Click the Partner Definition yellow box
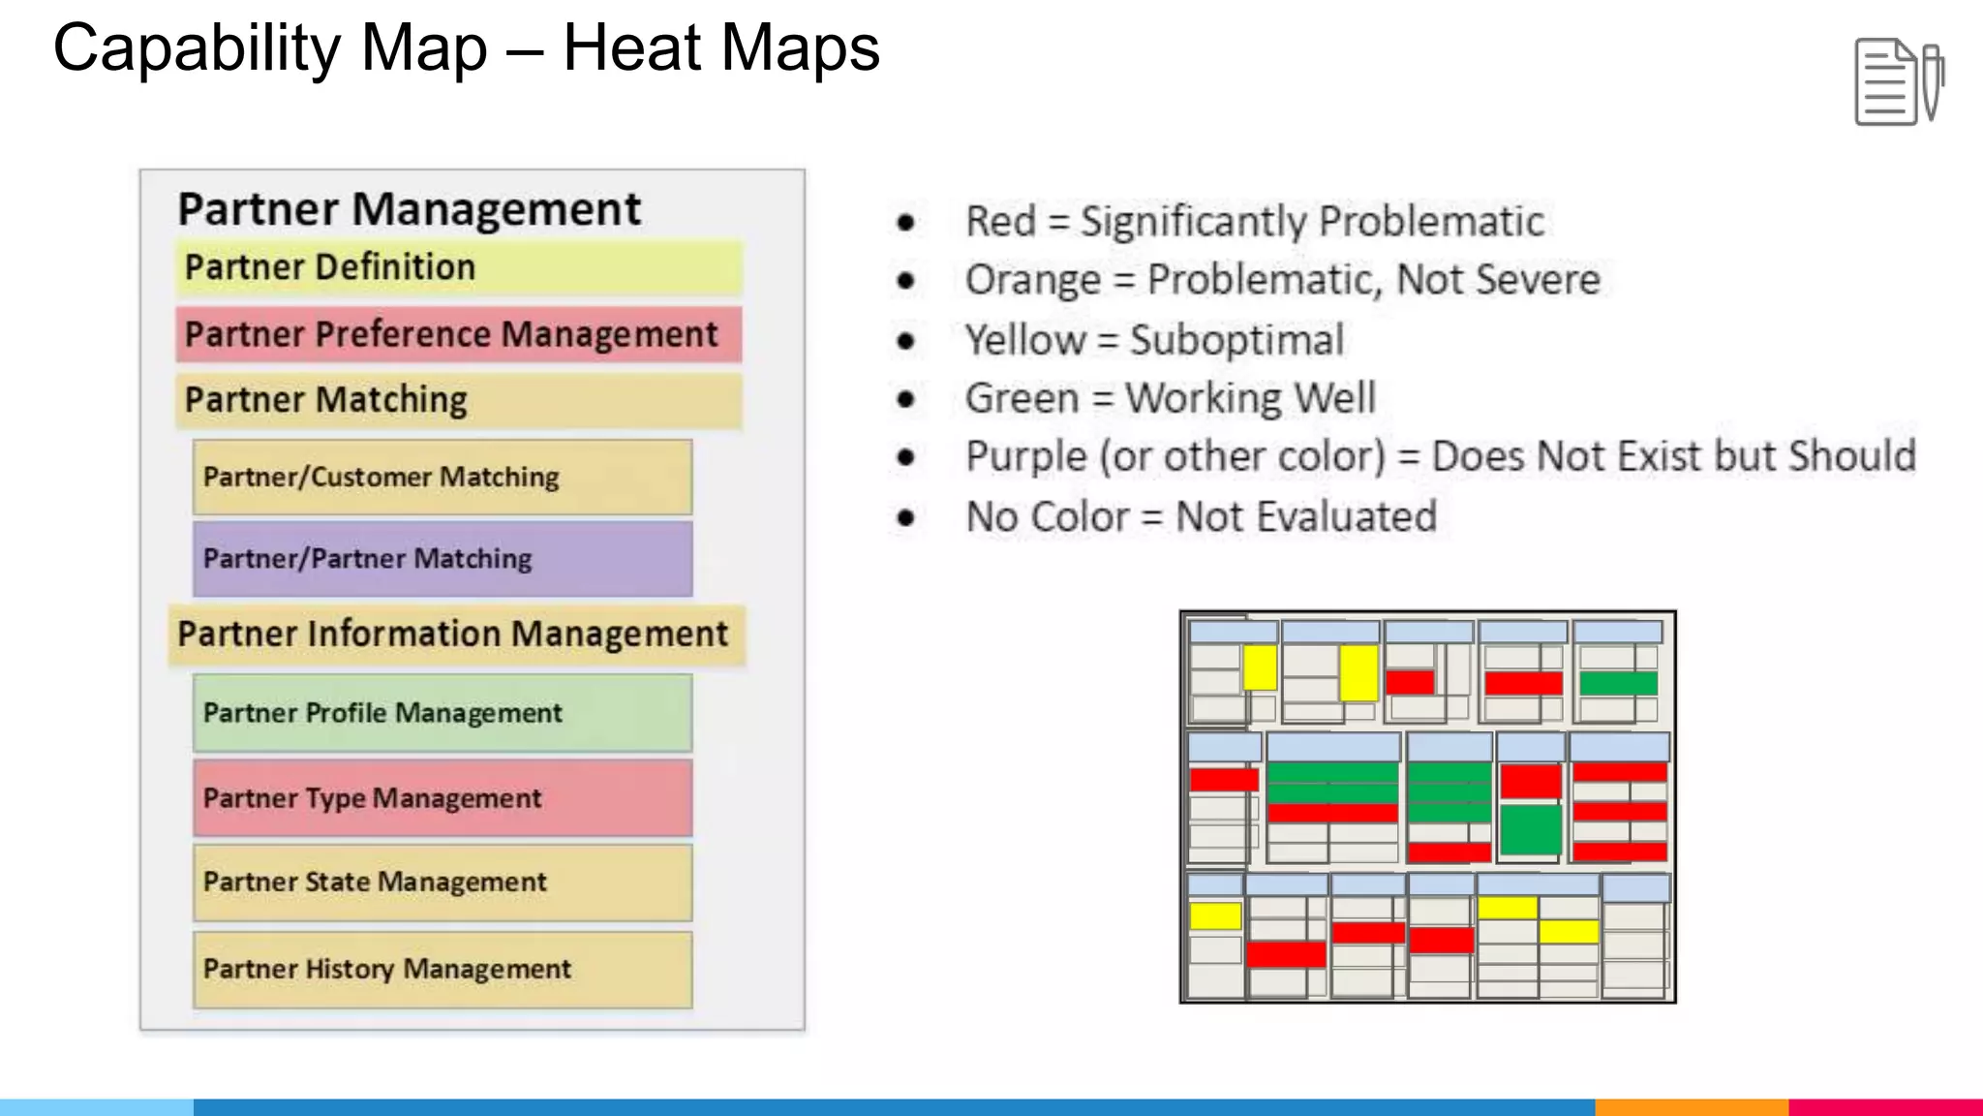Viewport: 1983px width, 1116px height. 459,267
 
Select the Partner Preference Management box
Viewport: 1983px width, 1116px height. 459,334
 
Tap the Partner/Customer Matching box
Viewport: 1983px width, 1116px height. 442,477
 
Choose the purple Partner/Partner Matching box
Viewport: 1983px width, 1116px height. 442,559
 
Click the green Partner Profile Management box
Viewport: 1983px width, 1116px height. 442,713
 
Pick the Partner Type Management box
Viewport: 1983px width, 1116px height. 442,798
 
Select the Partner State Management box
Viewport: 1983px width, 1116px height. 442,883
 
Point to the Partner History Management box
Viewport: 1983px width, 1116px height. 442,969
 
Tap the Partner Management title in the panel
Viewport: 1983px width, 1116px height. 409,209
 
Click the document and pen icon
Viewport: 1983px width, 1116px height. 1899,81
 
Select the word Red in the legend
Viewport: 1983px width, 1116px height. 1001,222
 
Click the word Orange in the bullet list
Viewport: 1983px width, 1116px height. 1032,281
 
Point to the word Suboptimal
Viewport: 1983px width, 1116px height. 1236,341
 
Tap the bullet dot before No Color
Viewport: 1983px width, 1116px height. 906,517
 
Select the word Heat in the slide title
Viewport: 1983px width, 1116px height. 633,48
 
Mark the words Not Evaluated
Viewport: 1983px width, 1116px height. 1305,517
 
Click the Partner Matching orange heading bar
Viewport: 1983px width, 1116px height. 459,401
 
